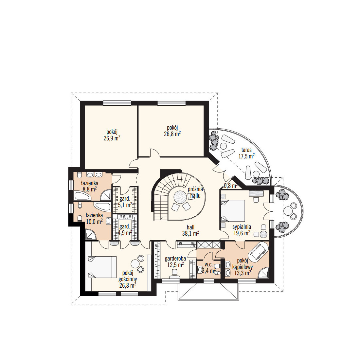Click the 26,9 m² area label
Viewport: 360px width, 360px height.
112,138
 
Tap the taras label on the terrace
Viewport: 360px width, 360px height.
246,150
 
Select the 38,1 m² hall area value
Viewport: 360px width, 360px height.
190,233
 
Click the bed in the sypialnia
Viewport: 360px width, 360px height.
233,211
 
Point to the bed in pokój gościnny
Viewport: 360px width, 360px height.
102,267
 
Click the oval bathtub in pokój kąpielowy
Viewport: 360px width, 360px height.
259,252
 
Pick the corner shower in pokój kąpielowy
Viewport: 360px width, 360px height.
263,273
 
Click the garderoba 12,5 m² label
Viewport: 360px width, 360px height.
175,262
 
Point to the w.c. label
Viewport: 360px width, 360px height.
209,264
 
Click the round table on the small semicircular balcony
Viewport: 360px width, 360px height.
288,210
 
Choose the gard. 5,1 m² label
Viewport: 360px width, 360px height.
125,202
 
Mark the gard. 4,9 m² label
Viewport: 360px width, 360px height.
125,230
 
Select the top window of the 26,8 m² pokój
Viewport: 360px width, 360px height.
171,103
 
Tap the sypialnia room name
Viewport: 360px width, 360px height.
242,227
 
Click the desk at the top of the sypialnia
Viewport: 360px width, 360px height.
256,193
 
